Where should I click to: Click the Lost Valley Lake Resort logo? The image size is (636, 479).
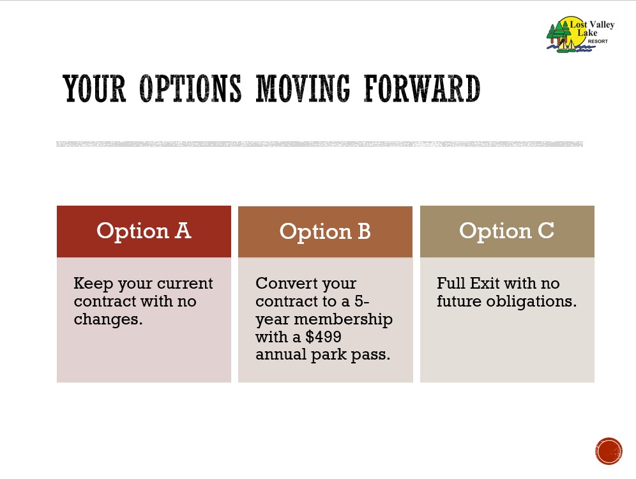[x=580, y=34]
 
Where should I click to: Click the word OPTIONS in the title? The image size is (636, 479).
[x=190, y=88]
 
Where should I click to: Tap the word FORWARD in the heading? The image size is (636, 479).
[x=422, y=88]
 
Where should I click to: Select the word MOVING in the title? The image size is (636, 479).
[x=303, y=88]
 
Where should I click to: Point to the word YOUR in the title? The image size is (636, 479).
[x=94, y=88]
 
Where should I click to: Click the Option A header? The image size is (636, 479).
[x=144, y=232]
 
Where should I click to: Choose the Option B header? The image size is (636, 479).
[x=325, y=232]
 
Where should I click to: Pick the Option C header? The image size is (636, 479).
[x=507, y=232]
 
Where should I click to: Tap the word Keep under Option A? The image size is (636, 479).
[x=93, y=284]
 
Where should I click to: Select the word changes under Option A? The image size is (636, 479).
[x=108, y=319]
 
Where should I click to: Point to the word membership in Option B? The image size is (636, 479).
[x=343, y=319]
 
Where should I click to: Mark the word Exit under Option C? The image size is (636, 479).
[x=485, y=283]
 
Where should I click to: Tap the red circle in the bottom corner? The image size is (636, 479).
[x=609, y=451]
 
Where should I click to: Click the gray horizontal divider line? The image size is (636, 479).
[x=320, y=144]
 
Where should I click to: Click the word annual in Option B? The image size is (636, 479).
[x=281, y=354]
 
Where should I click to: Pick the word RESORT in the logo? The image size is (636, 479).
[x=598, y=42]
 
